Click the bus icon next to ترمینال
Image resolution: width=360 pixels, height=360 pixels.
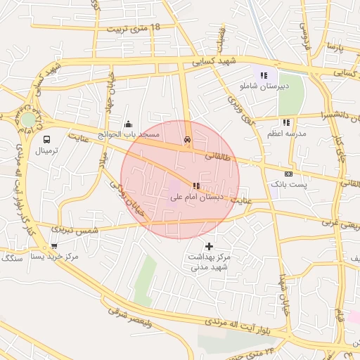coord(46,140)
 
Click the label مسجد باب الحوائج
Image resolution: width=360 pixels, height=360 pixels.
coord(129,134)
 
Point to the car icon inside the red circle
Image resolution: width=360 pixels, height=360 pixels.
coord(186,139)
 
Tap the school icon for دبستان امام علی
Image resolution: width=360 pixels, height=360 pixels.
coord(195,186)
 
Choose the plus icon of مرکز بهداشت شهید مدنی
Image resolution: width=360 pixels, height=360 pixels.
coord(209,246)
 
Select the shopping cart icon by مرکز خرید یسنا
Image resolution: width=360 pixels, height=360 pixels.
coord(54,246)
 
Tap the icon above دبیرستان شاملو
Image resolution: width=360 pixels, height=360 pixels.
coord(264,75)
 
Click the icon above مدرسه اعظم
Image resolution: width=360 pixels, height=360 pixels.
coord(286,122)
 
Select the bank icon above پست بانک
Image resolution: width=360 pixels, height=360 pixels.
coord(288,174)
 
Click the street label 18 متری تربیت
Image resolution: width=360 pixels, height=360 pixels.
coord(134,29)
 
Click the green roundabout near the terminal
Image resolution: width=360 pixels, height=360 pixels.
coord(27,120)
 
